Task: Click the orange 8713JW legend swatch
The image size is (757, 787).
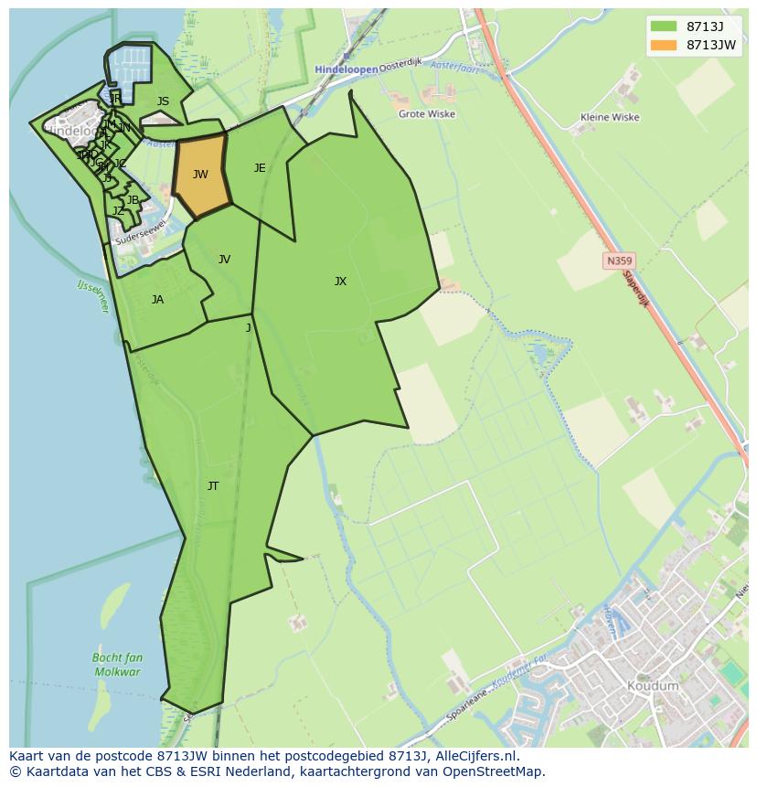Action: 664,45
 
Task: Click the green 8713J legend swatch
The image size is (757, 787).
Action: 664,27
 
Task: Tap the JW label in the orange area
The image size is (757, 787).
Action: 200,175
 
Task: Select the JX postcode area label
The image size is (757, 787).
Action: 340,282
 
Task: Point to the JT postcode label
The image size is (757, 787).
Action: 213,486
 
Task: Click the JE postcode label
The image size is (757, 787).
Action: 260,168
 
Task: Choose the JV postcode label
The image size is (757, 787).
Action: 224,260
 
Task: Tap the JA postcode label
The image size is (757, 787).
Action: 157,300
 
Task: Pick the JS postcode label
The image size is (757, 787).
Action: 163,102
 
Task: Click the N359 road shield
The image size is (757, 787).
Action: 619,261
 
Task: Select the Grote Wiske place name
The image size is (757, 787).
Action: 426,115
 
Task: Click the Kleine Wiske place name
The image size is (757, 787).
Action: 610,118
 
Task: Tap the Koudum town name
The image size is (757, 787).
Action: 653,686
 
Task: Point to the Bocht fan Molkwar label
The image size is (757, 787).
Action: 117,665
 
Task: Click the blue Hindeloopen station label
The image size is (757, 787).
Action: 346,69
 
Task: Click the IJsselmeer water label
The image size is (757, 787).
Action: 92,297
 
